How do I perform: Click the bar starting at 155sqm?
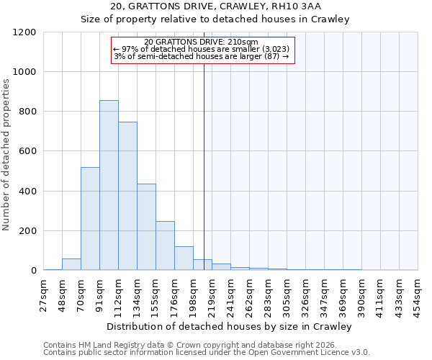pos(165,246)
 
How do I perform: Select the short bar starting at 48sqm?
pos(71,264)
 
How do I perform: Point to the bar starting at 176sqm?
pos(184,258)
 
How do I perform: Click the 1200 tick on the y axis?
pos(26,32)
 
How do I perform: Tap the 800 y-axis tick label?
pos(28,112)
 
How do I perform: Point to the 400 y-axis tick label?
pos(28,192)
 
